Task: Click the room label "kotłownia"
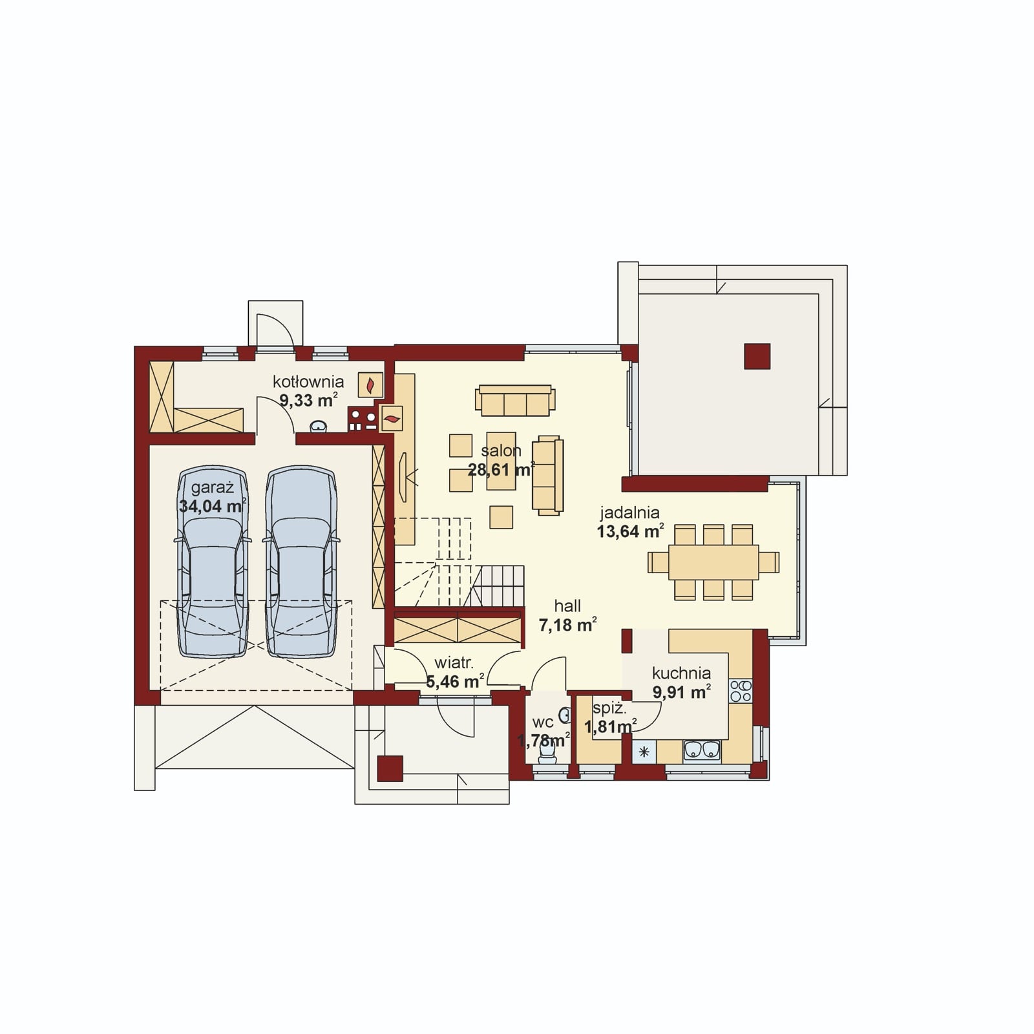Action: tap(308, 381)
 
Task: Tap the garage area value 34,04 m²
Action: tap(212, 506)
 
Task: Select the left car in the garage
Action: tap(213, 561)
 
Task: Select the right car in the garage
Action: tap(301, 561)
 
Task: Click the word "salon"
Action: tap(501, 450)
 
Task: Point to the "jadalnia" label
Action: tap(629, 512)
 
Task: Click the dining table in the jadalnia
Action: tap(713, 562)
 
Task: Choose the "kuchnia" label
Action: tap(681, 673)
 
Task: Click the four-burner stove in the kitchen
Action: tap(741, 691)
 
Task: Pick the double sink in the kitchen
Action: tap(702, 750)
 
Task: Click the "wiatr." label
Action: tap(454, 662)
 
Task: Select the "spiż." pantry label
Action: tap(609, 708)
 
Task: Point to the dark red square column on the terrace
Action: tap(757, 356)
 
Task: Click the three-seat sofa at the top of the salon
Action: tap(515, 401)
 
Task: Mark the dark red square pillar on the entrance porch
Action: tap(390, 768)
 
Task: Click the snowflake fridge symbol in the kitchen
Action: tap(644, 752)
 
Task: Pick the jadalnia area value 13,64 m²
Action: tap(629, 531)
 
